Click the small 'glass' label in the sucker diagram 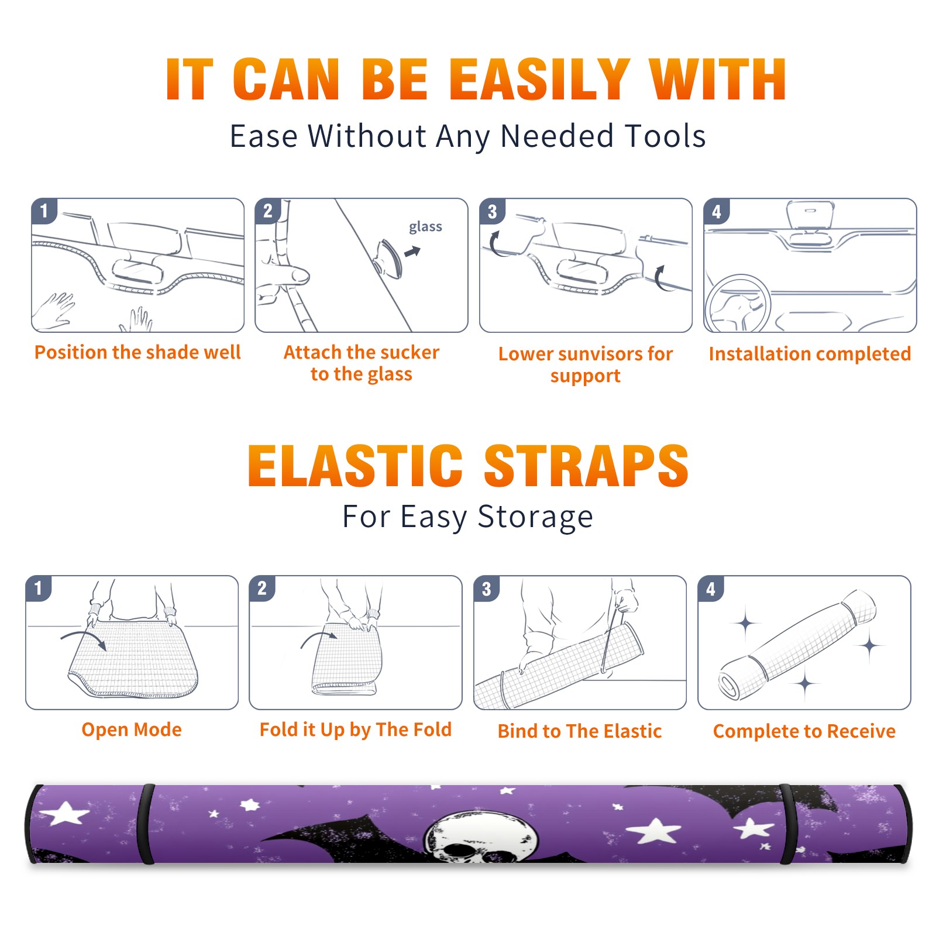click(x=425, y=227)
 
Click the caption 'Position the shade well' click(x=137, y=352)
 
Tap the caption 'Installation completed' click(x=810, y=354)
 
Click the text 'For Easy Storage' click(x=468, y=517)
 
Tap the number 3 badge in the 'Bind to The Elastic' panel click(x=487, y=589)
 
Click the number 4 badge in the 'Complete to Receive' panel click(x=711, y=589)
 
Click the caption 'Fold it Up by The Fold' click(x=356, y=729)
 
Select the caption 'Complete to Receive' click(x=804, y=731)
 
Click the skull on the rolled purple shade click(x=482, y=837)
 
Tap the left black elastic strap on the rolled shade click(x=147, y=824)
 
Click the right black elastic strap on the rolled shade click(x=789, y=824)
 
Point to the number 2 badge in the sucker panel click(x=268, y=211)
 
